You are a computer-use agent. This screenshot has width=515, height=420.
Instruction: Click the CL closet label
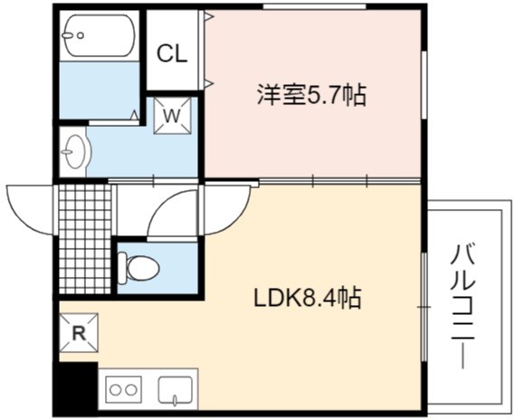tap(172, 53)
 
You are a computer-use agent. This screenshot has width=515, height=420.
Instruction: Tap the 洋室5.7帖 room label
tap(311, 95)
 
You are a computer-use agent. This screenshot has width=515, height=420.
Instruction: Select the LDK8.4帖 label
tap(307, 298)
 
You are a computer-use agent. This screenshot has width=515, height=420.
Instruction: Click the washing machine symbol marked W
tap(173, 116)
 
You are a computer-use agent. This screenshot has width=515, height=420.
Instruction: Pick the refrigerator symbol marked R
tap(79, 332)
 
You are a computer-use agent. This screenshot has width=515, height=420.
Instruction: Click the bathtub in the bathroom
tap(99, 35)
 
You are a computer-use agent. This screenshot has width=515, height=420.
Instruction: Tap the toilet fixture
tap(138, 268)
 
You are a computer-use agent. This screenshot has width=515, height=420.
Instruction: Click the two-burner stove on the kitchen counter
tap(123, 390)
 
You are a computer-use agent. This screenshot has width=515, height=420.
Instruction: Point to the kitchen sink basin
tap(175, 390)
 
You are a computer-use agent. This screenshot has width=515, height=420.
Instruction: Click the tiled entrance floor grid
tap(85, 239)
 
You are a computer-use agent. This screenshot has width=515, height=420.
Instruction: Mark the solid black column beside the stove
tap(76, 387)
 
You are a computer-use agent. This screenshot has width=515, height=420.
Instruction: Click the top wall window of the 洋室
tap(314, 6)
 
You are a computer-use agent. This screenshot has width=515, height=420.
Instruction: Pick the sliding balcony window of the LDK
tap(424, 307)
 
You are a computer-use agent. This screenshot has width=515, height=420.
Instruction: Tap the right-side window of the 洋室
tap(424, 84)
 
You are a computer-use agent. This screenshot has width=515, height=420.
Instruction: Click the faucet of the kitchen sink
tap(175, 400)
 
